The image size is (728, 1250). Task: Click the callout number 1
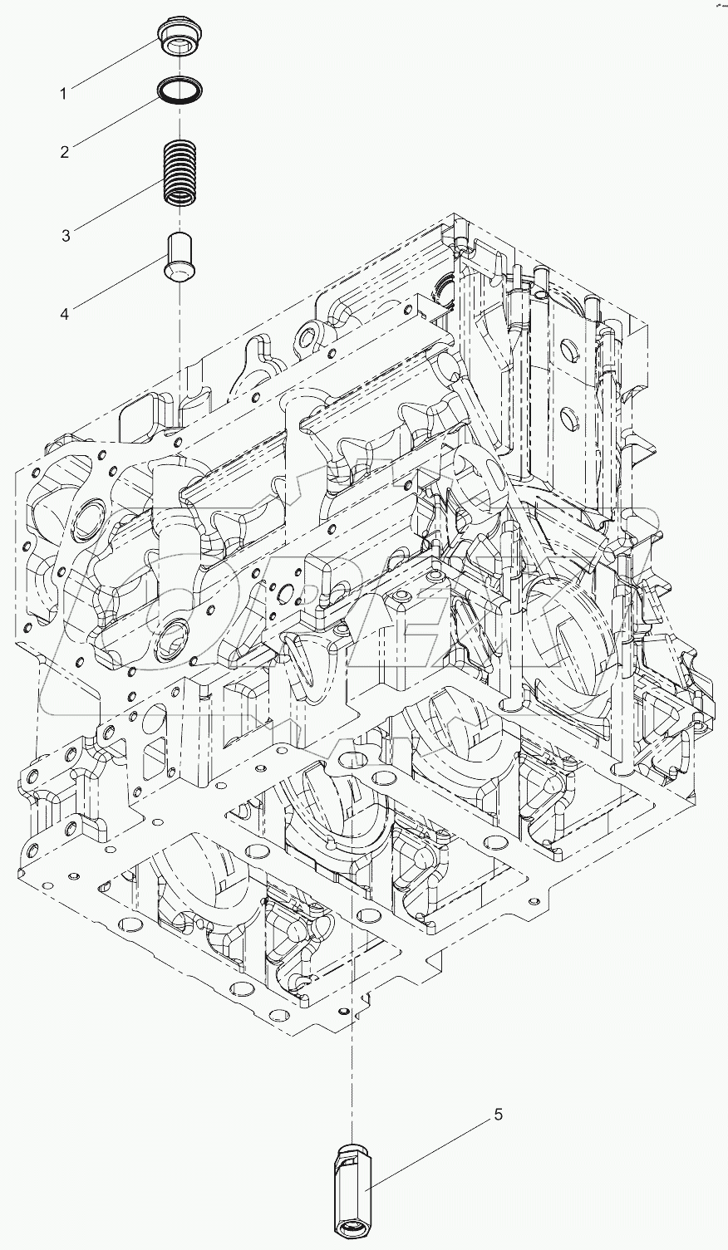click(62, 94)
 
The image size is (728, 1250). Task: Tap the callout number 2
click(63, 152)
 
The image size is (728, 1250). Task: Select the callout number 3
click(65, 236)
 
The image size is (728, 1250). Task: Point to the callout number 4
click(64, 313)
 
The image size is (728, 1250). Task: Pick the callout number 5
click(499, 1115)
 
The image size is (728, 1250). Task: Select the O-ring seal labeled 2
click(179, 91)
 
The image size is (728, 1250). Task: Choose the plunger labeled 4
click(179, 257)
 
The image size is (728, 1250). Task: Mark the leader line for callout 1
click(116, 62)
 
